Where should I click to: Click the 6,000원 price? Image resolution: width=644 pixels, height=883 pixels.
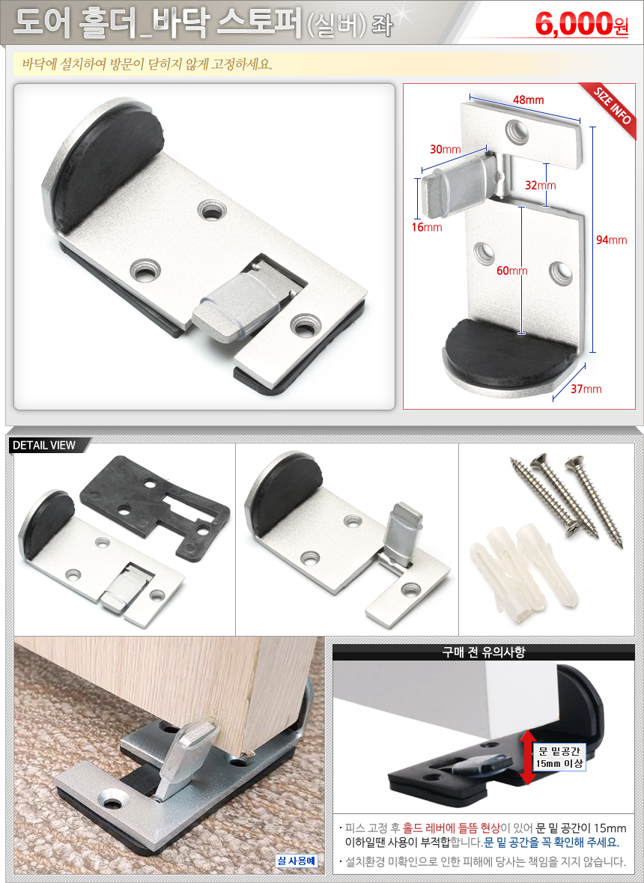click(x=582, y=24)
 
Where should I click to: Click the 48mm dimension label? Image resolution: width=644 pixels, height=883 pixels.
click(x=528, y=100)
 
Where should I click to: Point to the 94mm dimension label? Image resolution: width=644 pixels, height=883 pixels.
click(x=611, y=240)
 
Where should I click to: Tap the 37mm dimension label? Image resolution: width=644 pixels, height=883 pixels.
click(x=586, y=389)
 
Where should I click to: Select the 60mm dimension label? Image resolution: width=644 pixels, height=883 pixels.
click(x=511, y=271)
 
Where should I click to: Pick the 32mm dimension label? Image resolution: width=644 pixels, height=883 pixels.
click(x=540, y=185)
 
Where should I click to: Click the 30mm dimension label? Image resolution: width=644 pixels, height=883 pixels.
click(x=446, y=149)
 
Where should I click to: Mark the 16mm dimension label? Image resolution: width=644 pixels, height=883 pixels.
click(x=426, y=228)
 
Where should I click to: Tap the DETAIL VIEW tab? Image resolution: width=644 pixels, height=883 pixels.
click(x=44, y=446)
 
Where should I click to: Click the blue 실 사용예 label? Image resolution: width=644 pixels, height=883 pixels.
click(x=297, y=861)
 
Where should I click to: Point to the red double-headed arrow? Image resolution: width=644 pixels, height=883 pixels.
click(x=527, y=757)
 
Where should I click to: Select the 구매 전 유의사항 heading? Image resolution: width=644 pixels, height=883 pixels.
click(x=484, y=652)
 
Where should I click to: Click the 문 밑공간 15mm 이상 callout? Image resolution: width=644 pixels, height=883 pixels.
click(x=559, y=757)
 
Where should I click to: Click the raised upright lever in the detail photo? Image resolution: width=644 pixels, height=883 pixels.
click(x=401, y=532)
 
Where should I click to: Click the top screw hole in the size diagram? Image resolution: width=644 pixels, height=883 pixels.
click(x=515, y=130)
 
